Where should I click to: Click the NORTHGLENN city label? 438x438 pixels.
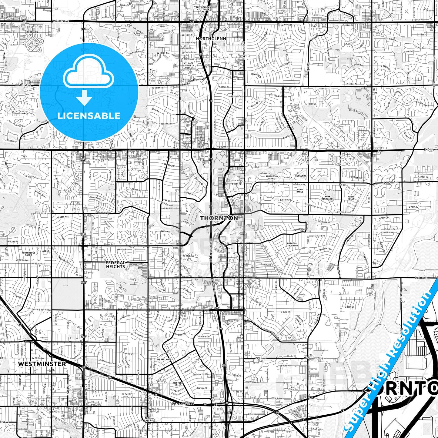click(x=207, y=39)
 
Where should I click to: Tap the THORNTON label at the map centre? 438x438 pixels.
click(x=219, y=218)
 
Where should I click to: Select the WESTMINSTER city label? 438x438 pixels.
click(x=42, y=363)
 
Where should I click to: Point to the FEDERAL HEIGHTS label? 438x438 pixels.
click(x=115, y=265)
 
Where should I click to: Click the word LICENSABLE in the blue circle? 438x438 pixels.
click(x=89, y=115)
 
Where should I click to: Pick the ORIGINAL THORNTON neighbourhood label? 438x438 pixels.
click(x=293, y=244)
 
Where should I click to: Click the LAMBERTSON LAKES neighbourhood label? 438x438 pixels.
click(x=271, y=177)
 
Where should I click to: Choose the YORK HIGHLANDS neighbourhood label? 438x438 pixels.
click(x=327, y=198)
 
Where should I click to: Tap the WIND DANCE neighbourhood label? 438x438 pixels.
click(x=299, y=191)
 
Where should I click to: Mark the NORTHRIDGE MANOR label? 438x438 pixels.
click(x=29, y=254)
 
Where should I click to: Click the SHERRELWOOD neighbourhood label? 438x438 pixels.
click(x=164, y=359)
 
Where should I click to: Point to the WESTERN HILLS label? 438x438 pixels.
click(x=178, y=384)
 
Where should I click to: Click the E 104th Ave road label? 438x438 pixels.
click(x=431, y=150)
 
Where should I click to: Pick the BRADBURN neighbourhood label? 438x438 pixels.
click(x=32, y=32)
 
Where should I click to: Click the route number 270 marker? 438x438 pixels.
click(x=276, y=413)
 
